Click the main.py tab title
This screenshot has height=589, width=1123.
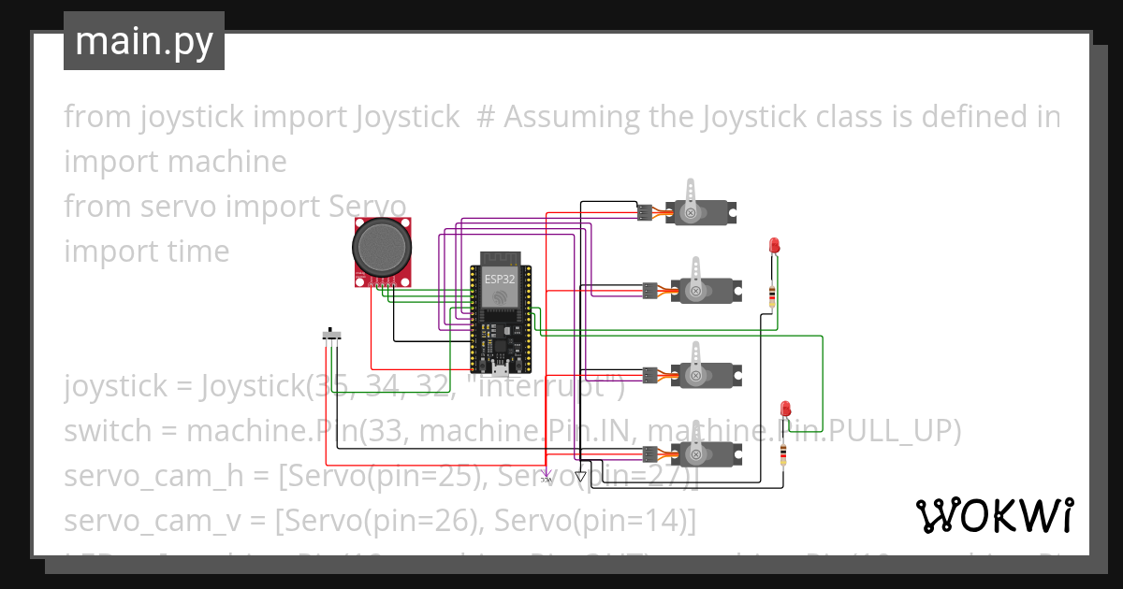click(143, 41)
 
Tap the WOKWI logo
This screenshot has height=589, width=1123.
click(994, 515)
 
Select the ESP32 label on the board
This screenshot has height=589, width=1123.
click(499, 279)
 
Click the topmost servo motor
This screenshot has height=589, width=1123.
click(701, 211)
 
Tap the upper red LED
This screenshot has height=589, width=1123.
click(774, 245)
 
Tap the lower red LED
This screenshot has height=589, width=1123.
click(786, 409)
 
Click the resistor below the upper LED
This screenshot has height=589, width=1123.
click(772, 295)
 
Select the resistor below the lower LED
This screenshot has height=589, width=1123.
click(784, 454)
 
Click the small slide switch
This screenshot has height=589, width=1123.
click(331, 335)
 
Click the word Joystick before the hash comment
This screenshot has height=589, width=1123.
click(407, 117)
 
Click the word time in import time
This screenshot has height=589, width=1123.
click(196, 251)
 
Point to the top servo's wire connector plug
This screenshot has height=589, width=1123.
click(645, 212)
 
